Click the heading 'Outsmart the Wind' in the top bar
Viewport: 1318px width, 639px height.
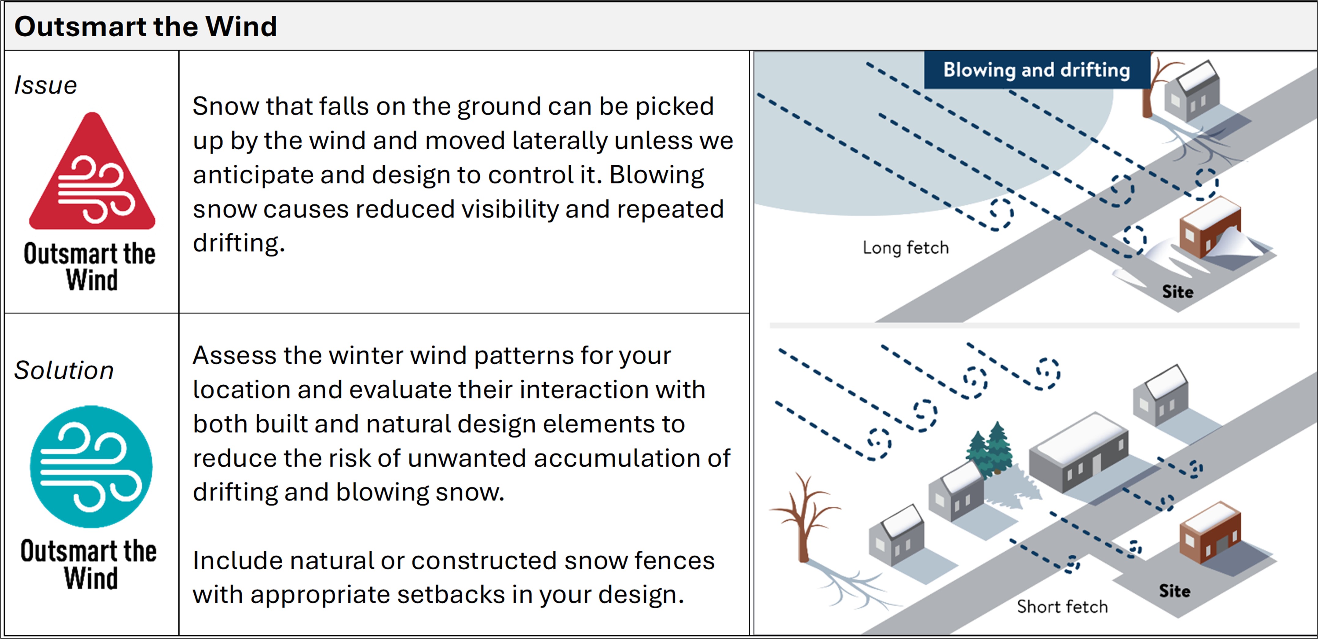pos(146,27)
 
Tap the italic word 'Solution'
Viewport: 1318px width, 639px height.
pos(64,370)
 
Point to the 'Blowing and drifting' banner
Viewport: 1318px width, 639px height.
pos(1037,70)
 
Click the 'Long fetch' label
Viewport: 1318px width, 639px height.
pos(906,248)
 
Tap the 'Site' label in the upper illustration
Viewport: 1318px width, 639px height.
pos(1177,292)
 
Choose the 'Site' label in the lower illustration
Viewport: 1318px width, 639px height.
pos(1174,591)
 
